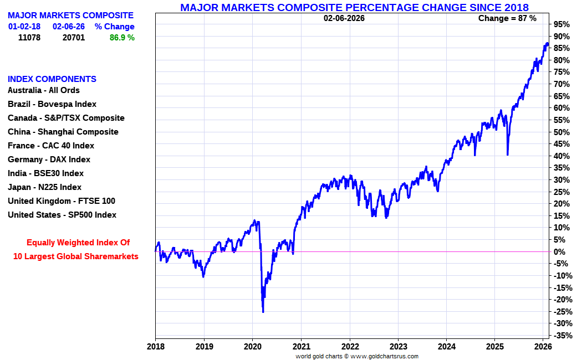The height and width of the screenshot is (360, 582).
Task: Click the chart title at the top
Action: [x=354, y=7]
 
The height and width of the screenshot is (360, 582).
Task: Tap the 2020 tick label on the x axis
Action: [x=252, y=347]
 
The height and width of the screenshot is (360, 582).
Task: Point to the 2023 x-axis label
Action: [x=398, y=347]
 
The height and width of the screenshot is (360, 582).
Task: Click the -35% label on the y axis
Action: [x=561, y=335]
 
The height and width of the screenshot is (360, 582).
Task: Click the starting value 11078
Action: [x=29, y=38]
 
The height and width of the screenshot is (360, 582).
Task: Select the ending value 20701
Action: [x=73, y=38]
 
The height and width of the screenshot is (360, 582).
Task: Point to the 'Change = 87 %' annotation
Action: [x=507, y=18]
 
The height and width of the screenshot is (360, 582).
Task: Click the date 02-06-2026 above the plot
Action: [x=344, y=18]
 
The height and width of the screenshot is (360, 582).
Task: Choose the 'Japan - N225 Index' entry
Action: [x=44, y=187]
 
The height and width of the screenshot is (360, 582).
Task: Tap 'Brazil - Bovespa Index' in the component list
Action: [x=52, y=104]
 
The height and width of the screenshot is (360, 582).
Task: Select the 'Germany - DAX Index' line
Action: [x=49, y=160]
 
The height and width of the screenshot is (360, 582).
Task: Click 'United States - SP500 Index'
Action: [x=62, y=215]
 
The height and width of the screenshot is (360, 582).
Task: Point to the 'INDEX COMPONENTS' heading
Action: [x=52, y=79]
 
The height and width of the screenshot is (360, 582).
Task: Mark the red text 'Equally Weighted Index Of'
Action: [x=78, y=243]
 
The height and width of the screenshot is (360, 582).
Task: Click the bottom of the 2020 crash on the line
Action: [x=263, y=312]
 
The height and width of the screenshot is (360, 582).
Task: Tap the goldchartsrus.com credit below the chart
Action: [x=356, y=356]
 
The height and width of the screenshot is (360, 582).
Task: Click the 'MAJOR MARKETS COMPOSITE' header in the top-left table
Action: [x=70, y=16]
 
